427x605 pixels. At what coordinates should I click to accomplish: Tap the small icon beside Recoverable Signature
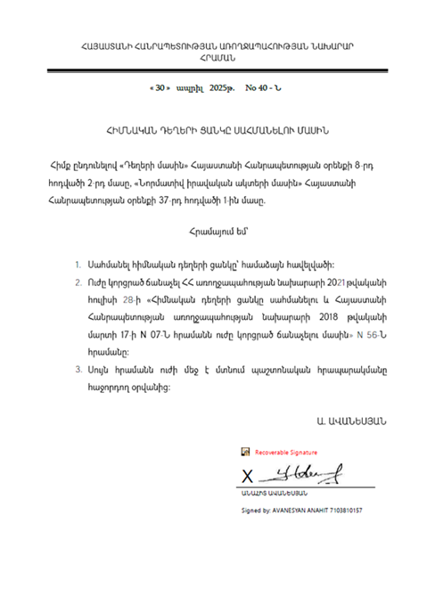click(245, 452)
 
